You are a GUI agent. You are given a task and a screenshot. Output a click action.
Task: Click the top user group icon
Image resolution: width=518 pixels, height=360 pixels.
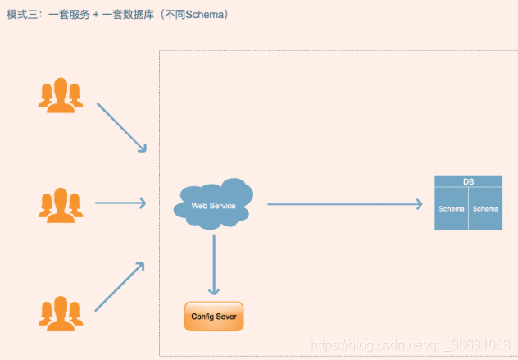tap(61, 94)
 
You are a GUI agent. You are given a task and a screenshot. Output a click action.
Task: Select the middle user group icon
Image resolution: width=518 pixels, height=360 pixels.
tap(61, 203)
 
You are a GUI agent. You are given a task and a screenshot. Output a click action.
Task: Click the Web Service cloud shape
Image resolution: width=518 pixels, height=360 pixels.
tap(213, 204)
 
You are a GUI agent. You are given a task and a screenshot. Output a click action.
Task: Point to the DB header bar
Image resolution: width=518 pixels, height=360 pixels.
tap(468, 181)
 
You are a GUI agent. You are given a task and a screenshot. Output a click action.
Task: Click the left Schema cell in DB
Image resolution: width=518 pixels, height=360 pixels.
tap(452, 209)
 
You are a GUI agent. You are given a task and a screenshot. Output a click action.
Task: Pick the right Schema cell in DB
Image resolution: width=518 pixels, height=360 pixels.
tap(485, 209)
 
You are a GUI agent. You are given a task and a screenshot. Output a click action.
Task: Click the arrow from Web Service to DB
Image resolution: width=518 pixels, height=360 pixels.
tap(344, 204)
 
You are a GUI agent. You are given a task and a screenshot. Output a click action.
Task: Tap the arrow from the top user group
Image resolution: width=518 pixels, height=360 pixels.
tap(121, 127)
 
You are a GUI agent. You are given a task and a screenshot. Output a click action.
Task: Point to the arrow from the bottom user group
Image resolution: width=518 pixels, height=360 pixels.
tap(120, 287)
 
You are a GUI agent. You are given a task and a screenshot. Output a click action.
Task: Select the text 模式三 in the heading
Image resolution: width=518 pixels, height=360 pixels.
tap(22, 15)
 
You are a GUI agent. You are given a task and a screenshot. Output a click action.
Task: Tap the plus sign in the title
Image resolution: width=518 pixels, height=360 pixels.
tap(95, 15)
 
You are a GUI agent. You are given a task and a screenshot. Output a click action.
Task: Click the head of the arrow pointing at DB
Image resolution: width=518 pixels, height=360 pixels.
tap(419, 204)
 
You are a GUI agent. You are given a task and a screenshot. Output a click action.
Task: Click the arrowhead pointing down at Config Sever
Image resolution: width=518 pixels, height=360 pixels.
tap(214, 290)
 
